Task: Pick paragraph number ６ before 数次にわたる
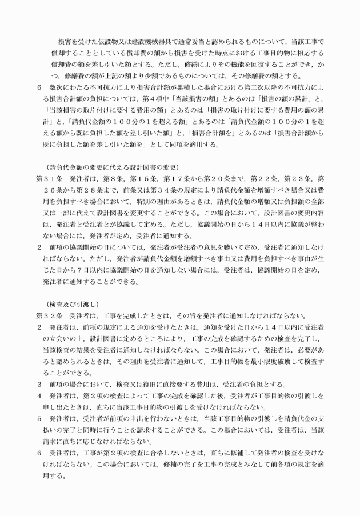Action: [39, 89]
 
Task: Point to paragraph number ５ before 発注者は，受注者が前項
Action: [39, 417]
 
